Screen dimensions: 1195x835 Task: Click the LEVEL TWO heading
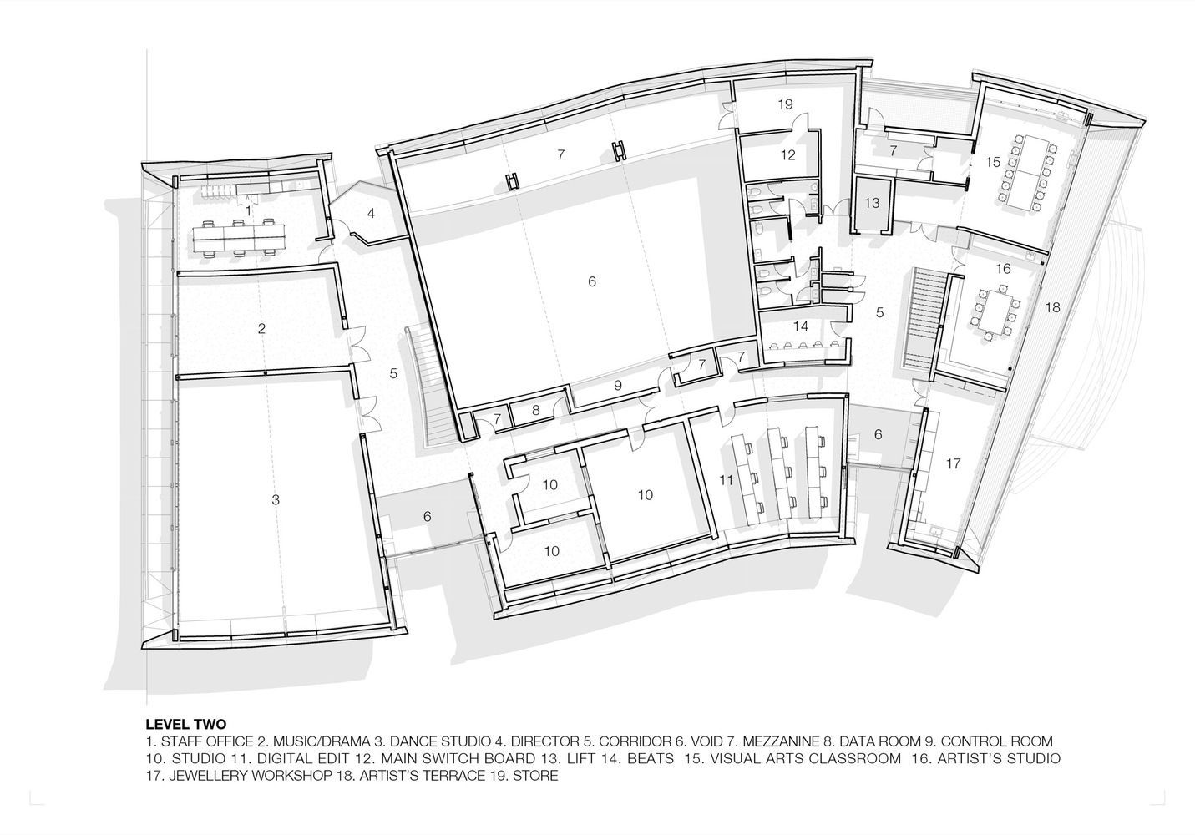point(186,724)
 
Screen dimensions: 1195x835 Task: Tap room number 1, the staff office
point(248,211)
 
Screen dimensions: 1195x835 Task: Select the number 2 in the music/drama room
point(261,328)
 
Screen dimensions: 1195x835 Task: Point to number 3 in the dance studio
point(276,500)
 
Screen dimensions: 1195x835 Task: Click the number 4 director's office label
point(371,214)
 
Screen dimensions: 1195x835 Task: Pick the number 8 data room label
point(536,410)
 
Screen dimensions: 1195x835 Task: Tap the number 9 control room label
point(618,385)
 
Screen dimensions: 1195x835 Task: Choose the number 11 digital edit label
point(726,480)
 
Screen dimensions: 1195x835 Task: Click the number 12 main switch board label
point(788,154)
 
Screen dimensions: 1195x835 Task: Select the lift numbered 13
point(872,203)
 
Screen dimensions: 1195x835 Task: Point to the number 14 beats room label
point(801,326)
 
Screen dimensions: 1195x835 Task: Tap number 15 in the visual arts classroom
point(993,162)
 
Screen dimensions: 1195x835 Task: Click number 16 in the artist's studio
point(1004,268)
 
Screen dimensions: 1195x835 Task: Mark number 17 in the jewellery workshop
point(954,463)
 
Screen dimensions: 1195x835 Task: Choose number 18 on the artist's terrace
point(1052,307)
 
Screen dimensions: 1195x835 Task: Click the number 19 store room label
point(785,104)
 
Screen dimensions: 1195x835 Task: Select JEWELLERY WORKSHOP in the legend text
point(251,775)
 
